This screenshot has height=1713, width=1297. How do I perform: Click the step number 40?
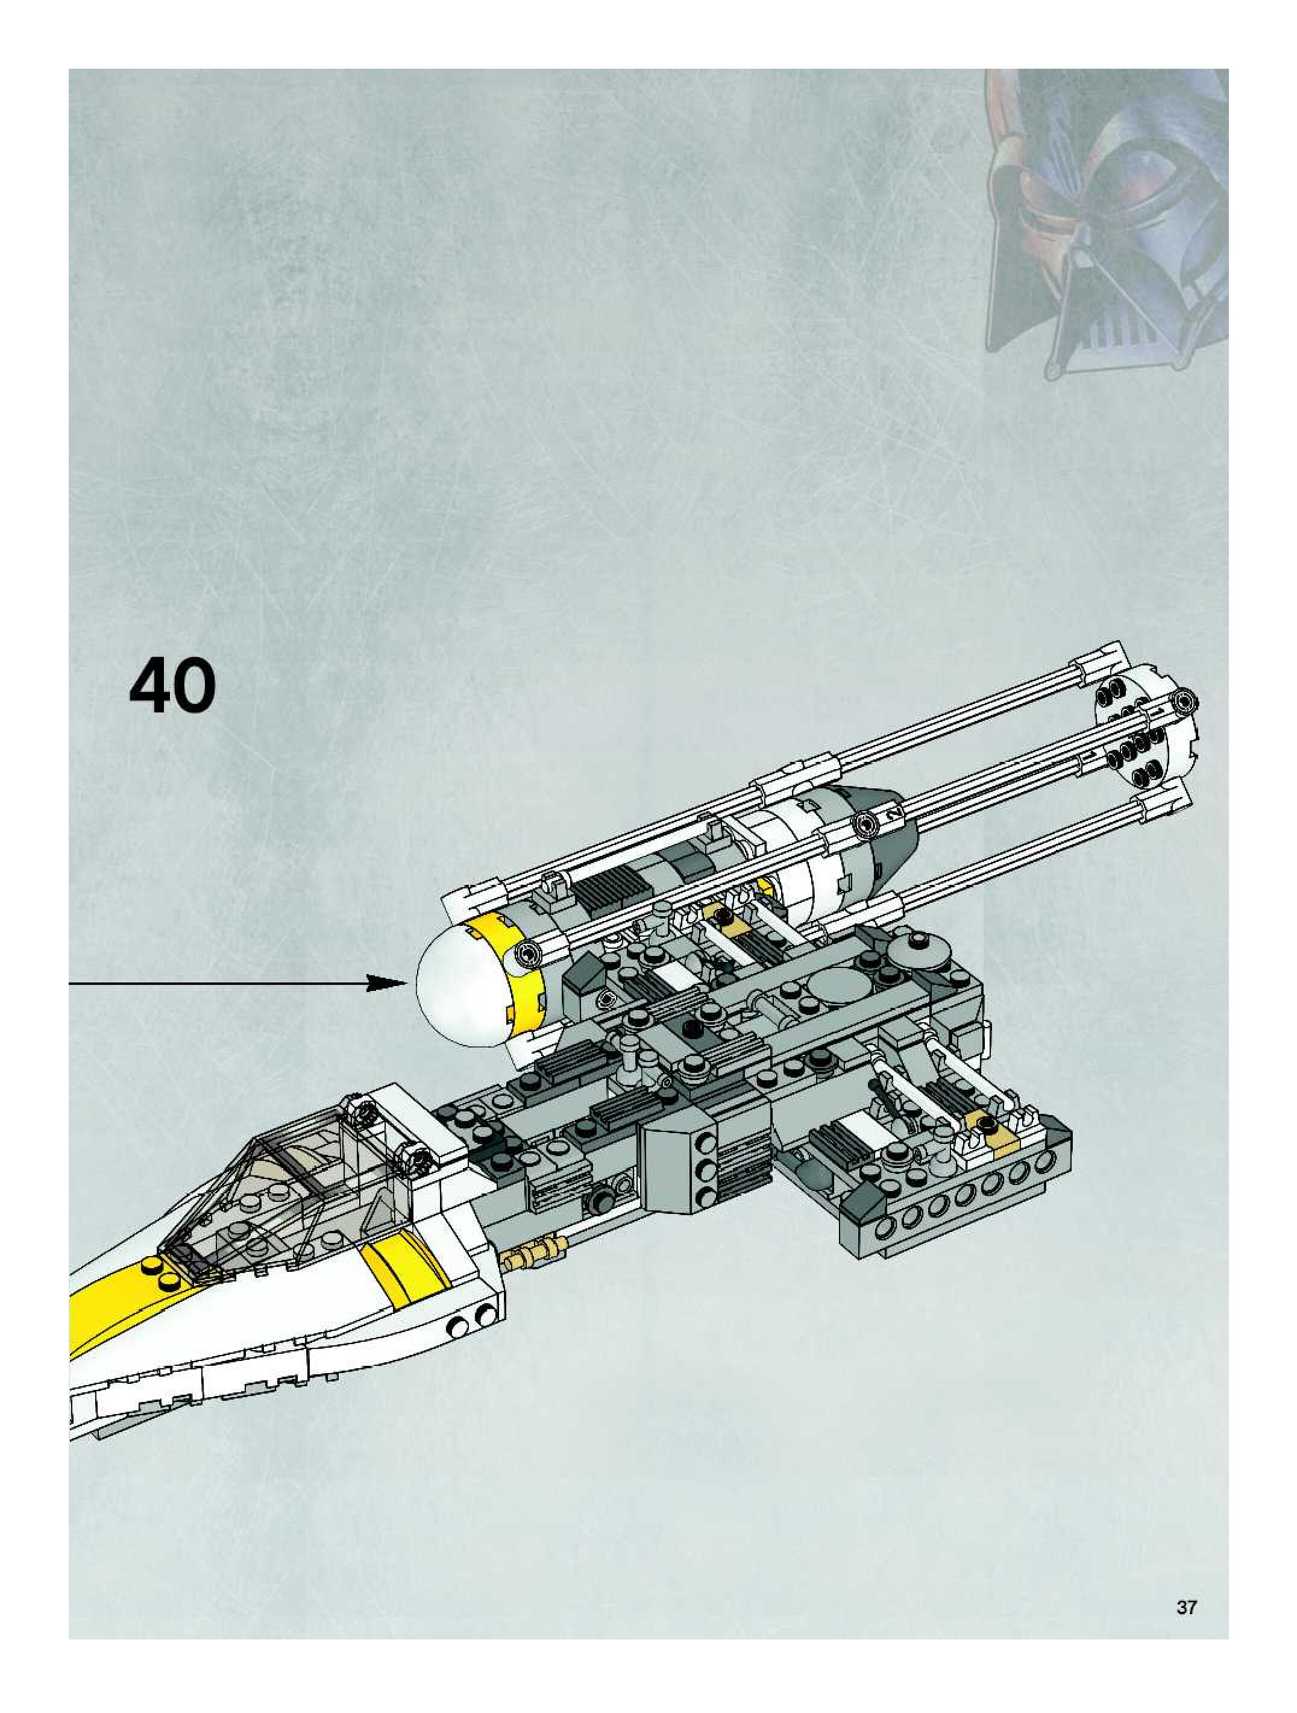[x=172, y=685]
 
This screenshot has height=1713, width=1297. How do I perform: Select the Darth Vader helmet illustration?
[x=1107, y=225]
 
